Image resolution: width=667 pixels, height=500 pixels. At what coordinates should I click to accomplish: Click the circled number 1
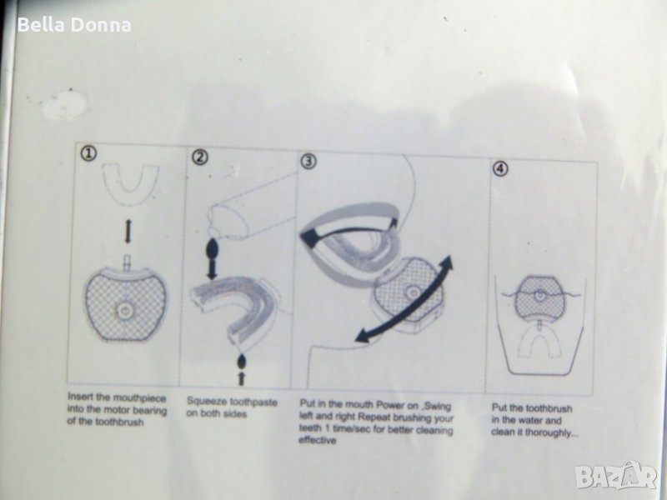[88, 153]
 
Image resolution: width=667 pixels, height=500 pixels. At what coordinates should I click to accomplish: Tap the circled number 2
[199, 157]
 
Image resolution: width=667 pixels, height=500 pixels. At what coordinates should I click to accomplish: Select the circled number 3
[308, 161]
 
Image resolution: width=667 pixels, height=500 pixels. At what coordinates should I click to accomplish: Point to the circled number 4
[500, 168]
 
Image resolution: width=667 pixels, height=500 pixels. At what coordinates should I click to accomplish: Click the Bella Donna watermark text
[74, 25]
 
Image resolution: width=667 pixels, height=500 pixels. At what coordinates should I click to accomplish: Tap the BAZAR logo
[616, 476]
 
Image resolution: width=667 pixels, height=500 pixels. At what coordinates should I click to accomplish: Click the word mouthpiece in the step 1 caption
[138, 398]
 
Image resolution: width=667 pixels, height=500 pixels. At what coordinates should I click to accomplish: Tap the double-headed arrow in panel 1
[128, 232]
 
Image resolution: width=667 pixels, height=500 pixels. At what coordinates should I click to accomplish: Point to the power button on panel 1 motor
[123, 311]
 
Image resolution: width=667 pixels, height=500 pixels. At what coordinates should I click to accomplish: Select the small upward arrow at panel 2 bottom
[241, 378]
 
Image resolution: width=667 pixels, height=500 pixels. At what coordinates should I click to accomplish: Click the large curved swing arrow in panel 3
[404, 297]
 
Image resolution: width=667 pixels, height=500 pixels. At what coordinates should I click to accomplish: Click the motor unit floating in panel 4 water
[539, 297]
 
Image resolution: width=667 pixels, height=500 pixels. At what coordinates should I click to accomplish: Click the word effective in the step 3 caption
[318, 440]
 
